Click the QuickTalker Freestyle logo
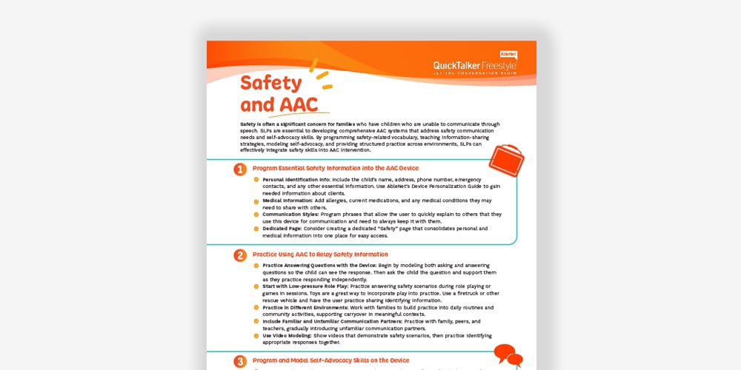[475, 67]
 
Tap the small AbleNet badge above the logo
[508, 54]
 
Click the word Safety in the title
[271, 83]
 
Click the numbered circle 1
[240, 169]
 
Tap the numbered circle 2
[240, 255]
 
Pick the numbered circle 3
[240, 362]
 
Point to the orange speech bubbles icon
[508, 355]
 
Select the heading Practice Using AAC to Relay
[320, 255]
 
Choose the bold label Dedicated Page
[284, 229]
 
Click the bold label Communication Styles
[291, 215]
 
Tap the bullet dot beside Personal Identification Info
[256, 180]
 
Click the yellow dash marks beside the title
[320, 76]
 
